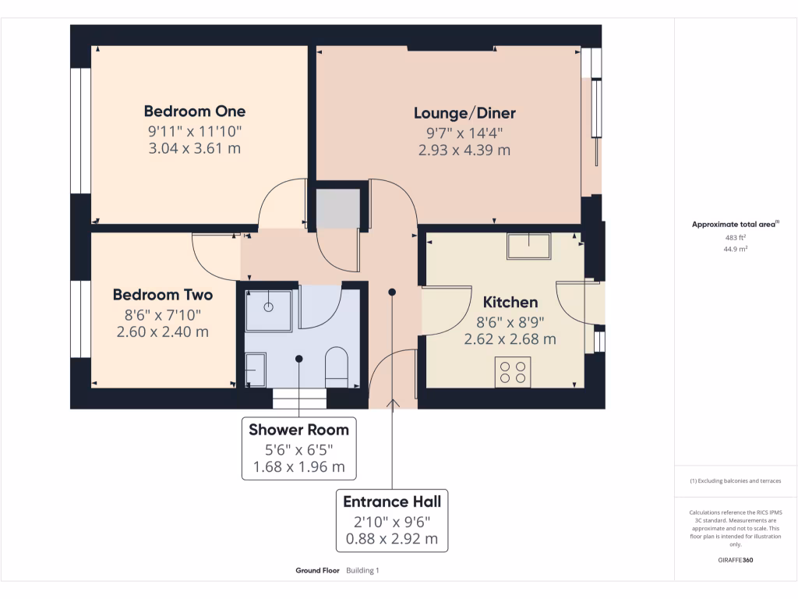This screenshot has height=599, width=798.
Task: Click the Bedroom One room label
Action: coord(195,111)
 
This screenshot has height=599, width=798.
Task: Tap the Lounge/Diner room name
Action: coord(464,113)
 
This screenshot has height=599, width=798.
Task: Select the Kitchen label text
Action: coord(510,302)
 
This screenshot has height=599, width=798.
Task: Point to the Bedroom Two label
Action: coord(163,295)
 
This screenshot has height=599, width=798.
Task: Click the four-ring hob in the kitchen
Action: coord(512,371)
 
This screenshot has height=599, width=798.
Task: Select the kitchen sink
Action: coord(528,246)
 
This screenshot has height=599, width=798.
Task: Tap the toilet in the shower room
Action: coord(336,367)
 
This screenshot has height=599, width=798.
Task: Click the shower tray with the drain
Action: coord(269,307)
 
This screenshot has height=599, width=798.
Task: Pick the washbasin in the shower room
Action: coord(255,369)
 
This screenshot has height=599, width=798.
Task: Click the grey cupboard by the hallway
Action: coord(337,208)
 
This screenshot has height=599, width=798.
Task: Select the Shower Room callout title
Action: coord(298,429)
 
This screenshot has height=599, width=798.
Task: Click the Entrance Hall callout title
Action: coord(392,502)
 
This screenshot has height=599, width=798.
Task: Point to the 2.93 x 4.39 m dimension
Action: coord(464,150)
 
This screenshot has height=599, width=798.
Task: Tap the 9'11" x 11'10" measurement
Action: coord(195,130)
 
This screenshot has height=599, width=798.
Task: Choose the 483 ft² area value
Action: coord(736,237)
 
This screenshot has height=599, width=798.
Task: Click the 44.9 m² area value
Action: coord(736,250)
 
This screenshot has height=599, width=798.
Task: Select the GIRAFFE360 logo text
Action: coord(736,560)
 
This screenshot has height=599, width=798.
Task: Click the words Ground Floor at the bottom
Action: coord(317,571)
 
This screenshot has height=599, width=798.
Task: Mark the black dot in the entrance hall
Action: coord(392,292)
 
